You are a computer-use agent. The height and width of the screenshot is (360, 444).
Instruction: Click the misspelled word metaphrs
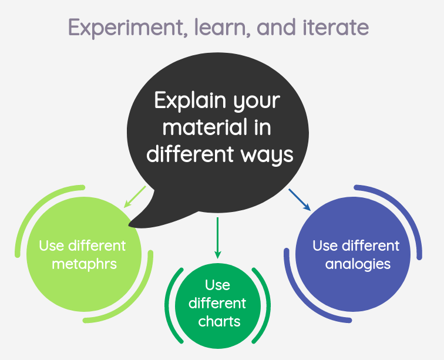tap(84, 264)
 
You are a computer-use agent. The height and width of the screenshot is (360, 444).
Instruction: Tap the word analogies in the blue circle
tap(358, 264)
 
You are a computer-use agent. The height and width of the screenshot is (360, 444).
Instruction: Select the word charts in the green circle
tap(219, 321)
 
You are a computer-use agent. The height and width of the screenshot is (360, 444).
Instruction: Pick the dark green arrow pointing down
tap(217, 238)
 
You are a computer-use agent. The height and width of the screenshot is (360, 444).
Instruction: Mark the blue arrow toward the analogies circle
tap(299, 199)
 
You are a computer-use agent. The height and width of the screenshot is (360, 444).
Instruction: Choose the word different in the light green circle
tap(97, 245)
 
